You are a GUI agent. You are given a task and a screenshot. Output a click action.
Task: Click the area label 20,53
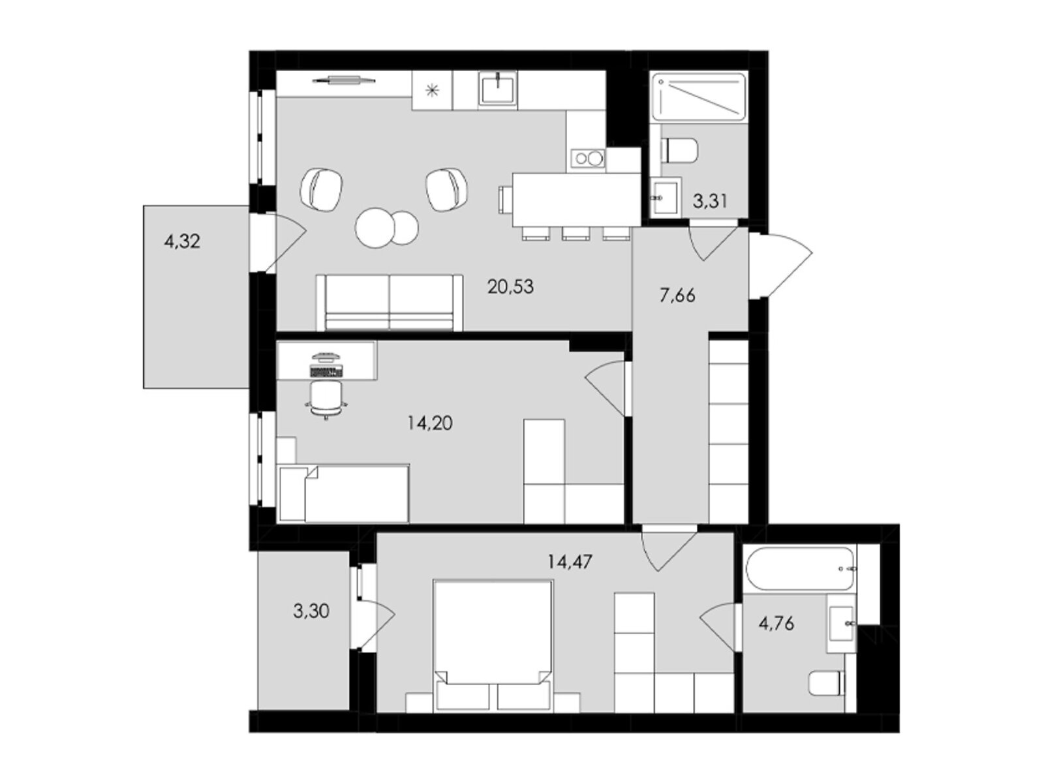(x=510, y=286)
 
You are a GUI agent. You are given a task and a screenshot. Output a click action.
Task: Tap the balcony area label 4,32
(x=181, y=241)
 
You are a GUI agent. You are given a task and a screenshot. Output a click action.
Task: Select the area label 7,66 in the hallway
(x=677, y=296)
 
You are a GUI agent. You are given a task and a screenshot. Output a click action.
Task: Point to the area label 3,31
(x=710, y=201)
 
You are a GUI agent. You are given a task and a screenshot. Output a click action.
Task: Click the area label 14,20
(x=430, y=422)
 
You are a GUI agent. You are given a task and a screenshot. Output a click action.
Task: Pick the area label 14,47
(x=570, y=562)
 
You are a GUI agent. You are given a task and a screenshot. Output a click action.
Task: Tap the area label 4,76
(x=776, y=622)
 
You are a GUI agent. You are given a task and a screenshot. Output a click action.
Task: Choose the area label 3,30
(x=311, y=611)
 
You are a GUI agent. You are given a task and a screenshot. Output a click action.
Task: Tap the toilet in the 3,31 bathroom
(x=679, y=150)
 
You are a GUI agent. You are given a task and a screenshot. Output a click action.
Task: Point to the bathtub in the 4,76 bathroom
(x=801, y=568)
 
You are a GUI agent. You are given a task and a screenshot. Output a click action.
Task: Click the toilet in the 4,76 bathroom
(x=827, y=683)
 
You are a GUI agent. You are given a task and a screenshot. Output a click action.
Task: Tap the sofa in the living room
(x=389, y=302)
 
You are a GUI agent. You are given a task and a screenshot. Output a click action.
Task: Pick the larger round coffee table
(x=375, y=228)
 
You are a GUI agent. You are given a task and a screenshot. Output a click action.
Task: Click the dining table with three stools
(x=576, y=200)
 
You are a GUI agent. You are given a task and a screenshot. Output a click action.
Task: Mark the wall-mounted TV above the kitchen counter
(x=343, y=81)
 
